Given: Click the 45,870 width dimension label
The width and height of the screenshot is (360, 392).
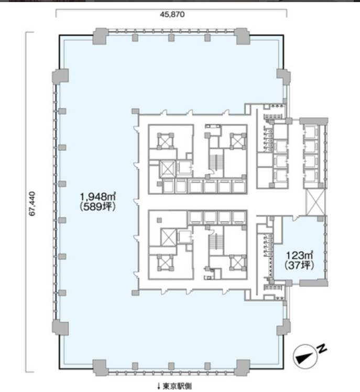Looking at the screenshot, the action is pyautogui.click(x=172, y=14).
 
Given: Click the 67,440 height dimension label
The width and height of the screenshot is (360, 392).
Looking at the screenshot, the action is pyautogui.click(x=32, y=204).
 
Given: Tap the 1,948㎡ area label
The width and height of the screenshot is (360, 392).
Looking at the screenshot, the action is pyautogui.click(x=98, y=197).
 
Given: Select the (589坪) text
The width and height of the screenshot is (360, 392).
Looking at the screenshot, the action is pyautogui.click(x=98, y=207).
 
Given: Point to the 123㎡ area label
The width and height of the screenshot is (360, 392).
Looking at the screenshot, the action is pyautogui.click(x=300, y=256).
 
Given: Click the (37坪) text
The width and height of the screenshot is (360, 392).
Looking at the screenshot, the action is pyautogui.click(x=300, y=265).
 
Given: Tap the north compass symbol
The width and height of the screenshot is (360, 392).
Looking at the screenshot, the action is pyautogui.click(x=304, y=356).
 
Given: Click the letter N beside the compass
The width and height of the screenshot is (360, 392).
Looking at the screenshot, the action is pyautogui.click(x=322, y=349).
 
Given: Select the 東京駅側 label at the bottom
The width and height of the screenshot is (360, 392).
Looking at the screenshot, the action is pyautogui.click(x=177, y=386).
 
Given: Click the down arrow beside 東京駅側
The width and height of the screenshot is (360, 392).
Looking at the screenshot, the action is pyautogui.click(x=159, y=387).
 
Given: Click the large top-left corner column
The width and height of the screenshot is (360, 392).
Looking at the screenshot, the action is pyautogui.click(x=100, y=36).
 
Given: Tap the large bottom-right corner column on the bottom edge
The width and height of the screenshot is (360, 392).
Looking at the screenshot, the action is pyautogui.click(x=242, y=367).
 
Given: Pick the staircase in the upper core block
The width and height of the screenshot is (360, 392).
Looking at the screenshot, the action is pyautogui.click(x=213, y=162).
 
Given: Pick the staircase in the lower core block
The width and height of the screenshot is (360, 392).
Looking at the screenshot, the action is pyautogui.click(x=213, y=242).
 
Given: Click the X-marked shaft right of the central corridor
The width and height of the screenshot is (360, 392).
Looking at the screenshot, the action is pyautogui.click(x=315, y=202).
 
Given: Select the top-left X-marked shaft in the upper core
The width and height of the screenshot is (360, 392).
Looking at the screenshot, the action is pyautogui.click(x=165, y=141).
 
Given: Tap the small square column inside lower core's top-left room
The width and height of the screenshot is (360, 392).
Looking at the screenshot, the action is pyautogui.click(x=159, y=220).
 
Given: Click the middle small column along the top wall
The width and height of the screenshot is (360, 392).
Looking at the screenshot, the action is pyautogui.click(x=171, y=38).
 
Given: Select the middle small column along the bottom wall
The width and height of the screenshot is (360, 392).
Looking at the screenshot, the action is pyautogui.click(x=171, y=366).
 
